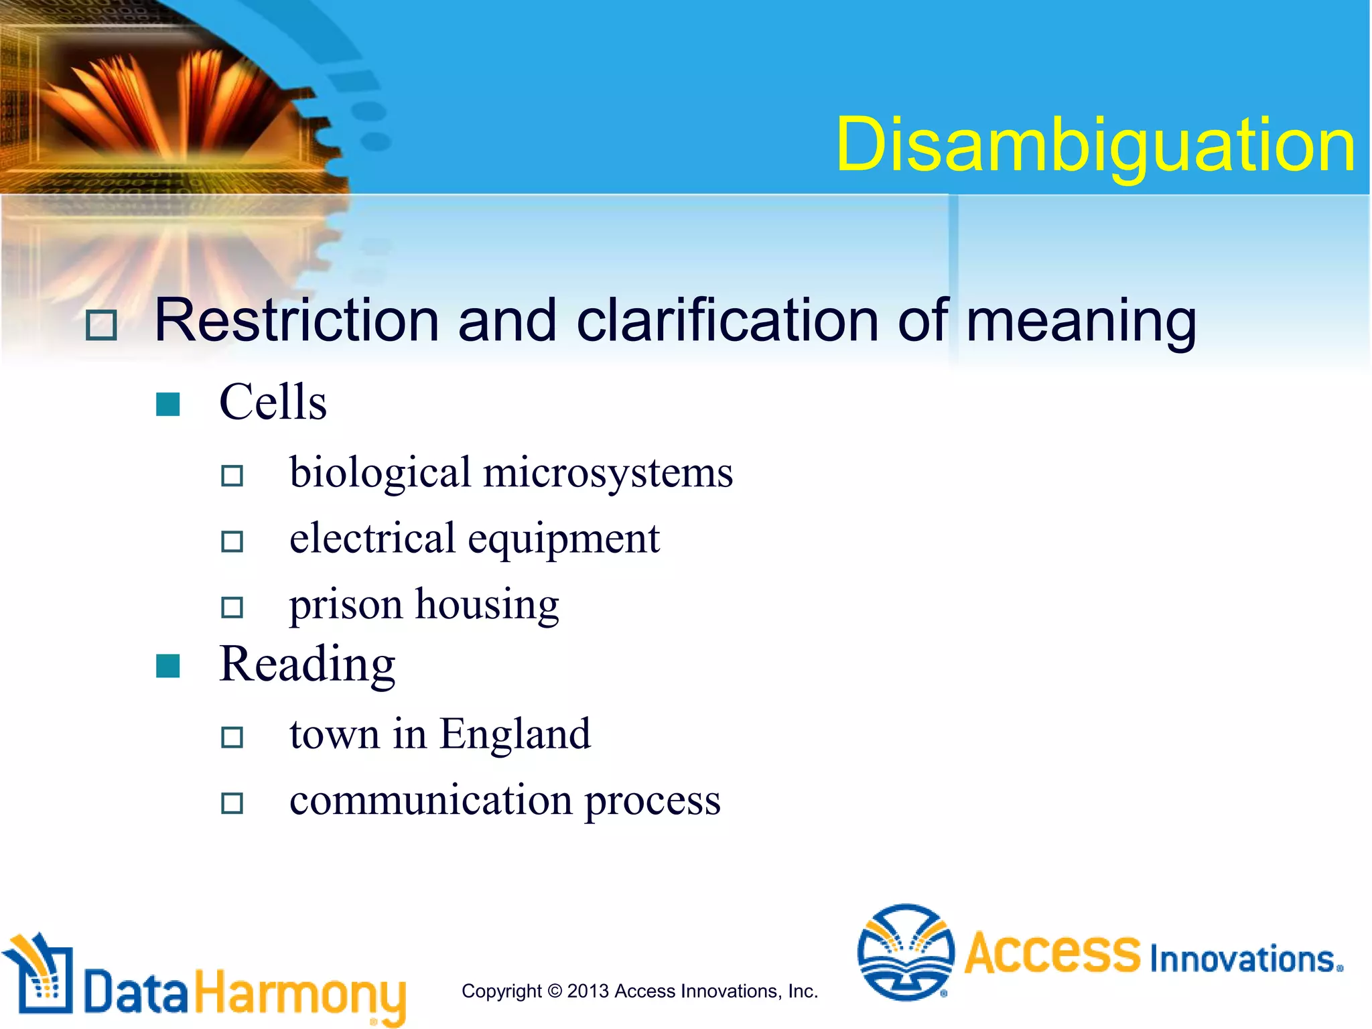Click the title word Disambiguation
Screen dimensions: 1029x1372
tap(1095, 145)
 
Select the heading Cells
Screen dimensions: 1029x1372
tap(273, 402)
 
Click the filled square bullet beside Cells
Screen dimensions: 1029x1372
tap(167, 404)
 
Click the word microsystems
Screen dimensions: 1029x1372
tap(608, 472)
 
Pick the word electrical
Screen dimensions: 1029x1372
tap(372, 538)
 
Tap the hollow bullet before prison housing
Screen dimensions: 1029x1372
tap(232, 607)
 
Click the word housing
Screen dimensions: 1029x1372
tap(487, 605)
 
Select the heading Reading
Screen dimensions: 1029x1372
tap(307, 665)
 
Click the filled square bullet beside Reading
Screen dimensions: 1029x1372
tap(167, 666)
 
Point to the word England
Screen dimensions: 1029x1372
tap(514, 734)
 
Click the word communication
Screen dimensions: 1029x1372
tap(431, 800)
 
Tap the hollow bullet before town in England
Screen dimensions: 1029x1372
tap(232, 737)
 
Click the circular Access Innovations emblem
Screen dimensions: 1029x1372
tap(906, 952)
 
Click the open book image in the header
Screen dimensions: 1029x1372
tap(167, 100)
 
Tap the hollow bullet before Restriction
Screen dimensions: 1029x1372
tap(101, 325)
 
